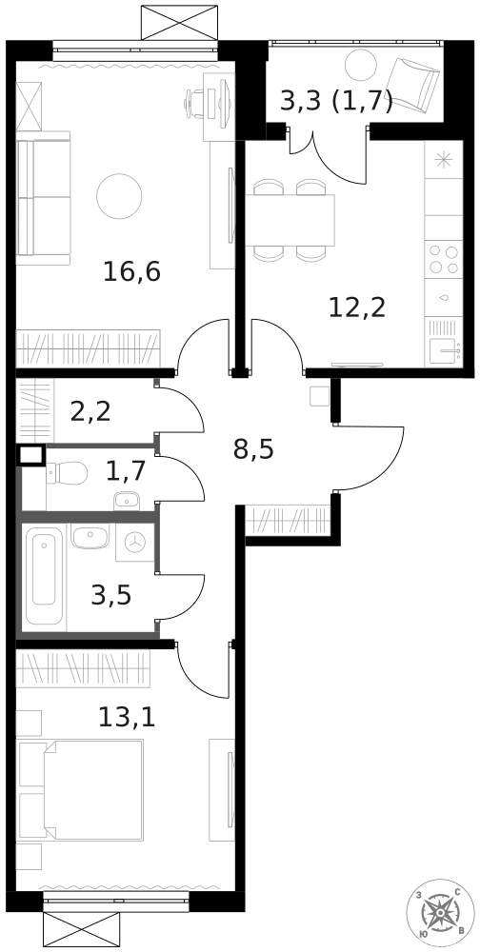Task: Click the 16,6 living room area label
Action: (x=131, y=271)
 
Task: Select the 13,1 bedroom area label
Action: (x=127, y=716)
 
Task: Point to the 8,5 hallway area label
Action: (x=253, y=448)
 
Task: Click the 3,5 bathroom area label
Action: (x=110, y=596)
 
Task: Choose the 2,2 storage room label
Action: (x=91, y=410)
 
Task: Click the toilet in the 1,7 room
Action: (x=67, y=472)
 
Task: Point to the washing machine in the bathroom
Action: (x=136, y=541)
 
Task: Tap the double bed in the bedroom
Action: (x=81, y=789)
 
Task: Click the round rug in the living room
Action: (x=119, y=195)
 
